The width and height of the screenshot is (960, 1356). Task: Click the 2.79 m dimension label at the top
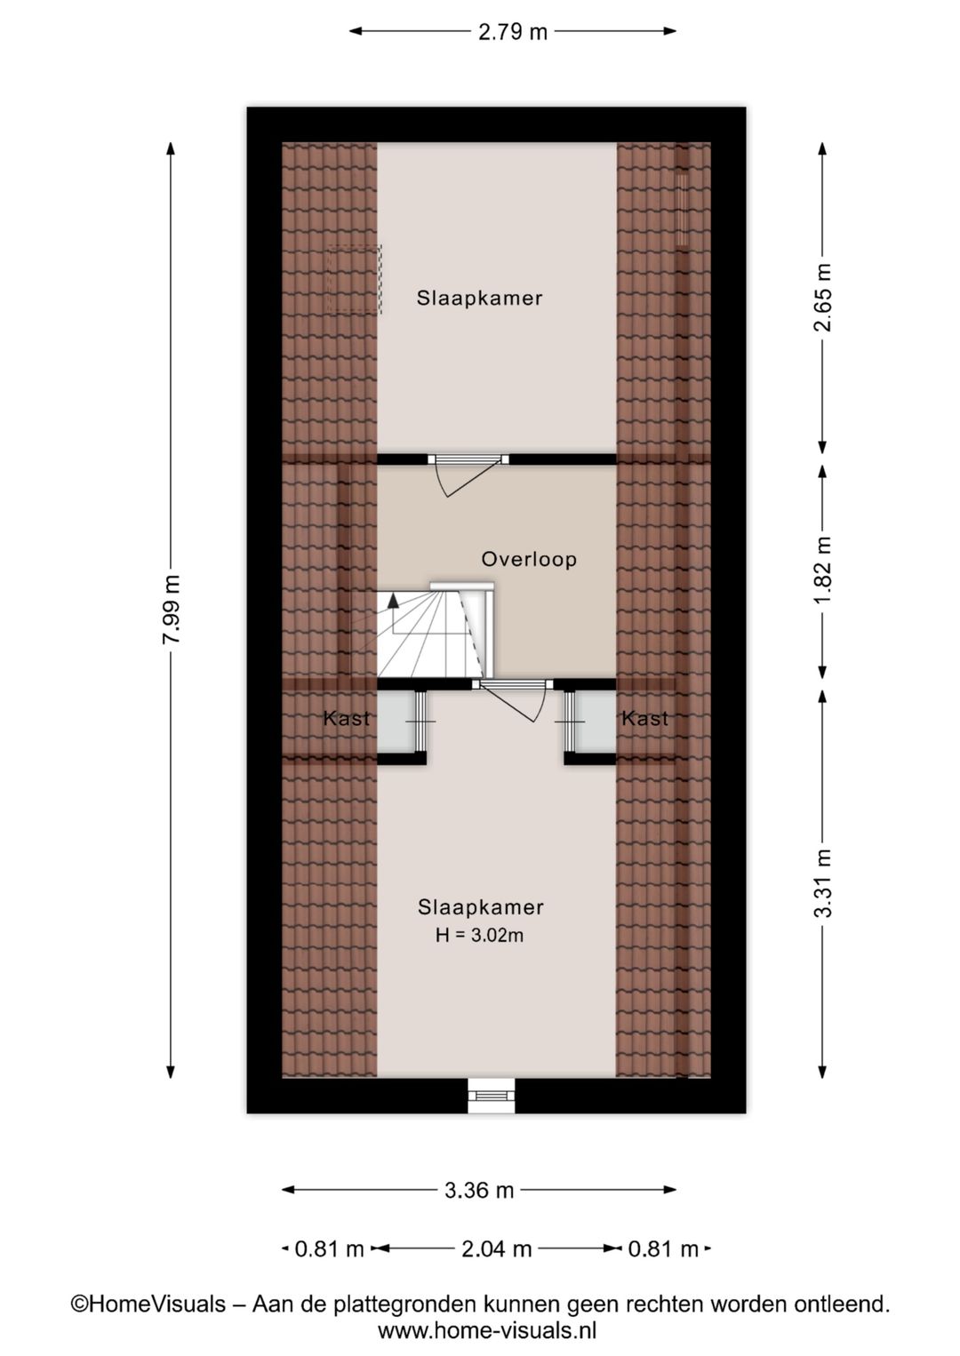click(512, 31)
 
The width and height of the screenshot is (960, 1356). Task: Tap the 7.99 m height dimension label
click(172, 609)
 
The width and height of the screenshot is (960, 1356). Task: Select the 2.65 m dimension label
click(822, 297)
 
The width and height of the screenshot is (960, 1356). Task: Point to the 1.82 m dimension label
click(822, 570)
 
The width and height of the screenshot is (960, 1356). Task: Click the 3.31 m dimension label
click(822, 883)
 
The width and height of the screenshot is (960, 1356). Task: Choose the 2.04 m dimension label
click(497, 1248)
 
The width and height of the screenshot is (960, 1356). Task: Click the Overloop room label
click(529, 559)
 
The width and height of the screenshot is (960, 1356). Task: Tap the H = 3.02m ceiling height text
click(480, 936)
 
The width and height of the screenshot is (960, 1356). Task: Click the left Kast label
click(347, 719)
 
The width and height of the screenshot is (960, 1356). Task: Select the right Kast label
click(645, 719)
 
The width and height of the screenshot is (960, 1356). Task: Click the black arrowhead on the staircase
click(393, 600)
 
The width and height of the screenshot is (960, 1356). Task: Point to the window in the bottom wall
click(492, 1096)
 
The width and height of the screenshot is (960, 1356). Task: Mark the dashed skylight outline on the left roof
click(355, 279)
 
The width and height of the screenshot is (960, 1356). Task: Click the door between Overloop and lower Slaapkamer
click(512, 700)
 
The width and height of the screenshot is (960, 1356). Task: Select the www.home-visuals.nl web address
click(487, 1330)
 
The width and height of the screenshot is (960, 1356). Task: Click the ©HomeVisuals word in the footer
click(148, 1304)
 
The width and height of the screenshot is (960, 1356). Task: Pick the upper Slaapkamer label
click(479, 298)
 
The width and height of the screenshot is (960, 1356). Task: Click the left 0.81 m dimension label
click(329, 1248)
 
